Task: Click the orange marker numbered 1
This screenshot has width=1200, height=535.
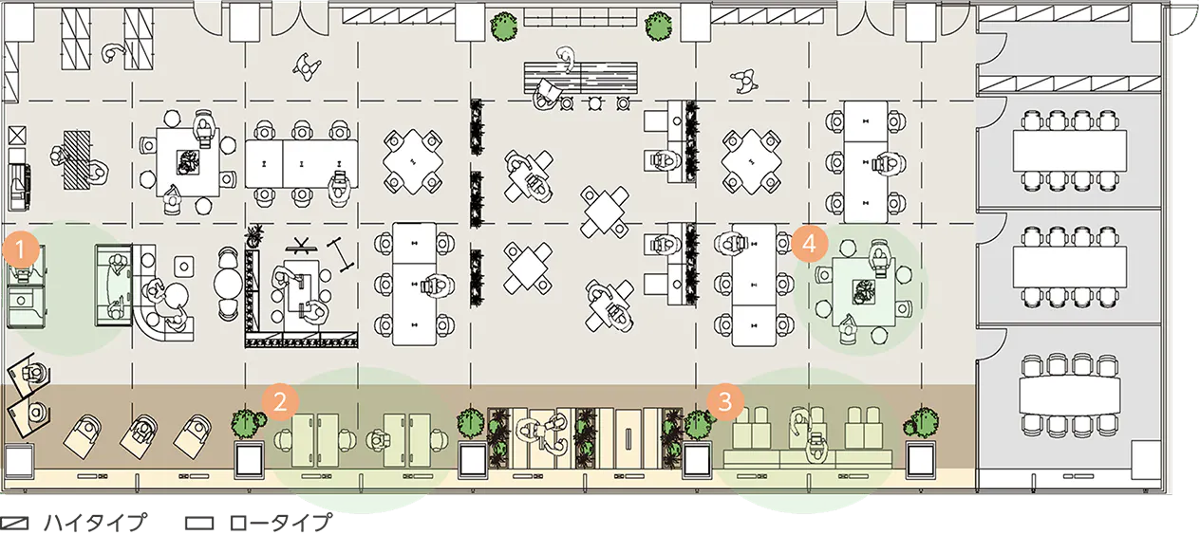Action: point(21,250)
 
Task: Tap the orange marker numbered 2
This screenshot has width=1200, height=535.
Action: point(280,401)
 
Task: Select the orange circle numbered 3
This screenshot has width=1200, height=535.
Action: point(724,401)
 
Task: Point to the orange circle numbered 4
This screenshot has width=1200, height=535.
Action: point(810,244)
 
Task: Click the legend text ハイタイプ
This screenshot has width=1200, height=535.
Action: point(95,523)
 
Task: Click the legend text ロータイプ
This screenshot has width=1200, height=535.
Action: point(280,523)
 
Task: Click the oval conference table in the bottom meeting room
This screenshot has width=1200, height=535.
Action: point(1069,396)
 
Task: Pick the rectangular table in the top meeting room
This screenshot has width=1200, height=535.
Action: point(1069,151)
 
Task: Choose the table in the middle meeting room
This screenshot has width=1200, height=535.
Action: point(1069,267)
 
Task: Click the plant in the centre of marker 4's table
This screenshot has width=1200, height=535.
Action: point(864,292)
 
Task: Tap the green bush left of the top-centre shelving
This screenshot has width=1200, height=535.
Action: point(504,27)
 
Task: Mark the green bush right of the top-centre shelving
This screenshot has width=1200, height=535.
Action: point(659,27)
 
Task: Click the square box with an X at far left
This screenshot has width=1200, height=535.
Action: point(17,136)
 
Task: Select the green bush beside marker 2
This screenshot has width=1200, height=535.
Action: point(248,423)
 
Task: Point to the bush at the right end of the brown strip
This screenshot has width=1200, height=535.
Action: point(921,424)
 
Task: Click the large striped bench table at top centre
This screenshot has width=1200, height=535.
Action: point(581,78)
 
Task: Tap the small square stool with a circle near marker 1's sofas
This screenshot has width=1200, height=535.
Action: point(184,267)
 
